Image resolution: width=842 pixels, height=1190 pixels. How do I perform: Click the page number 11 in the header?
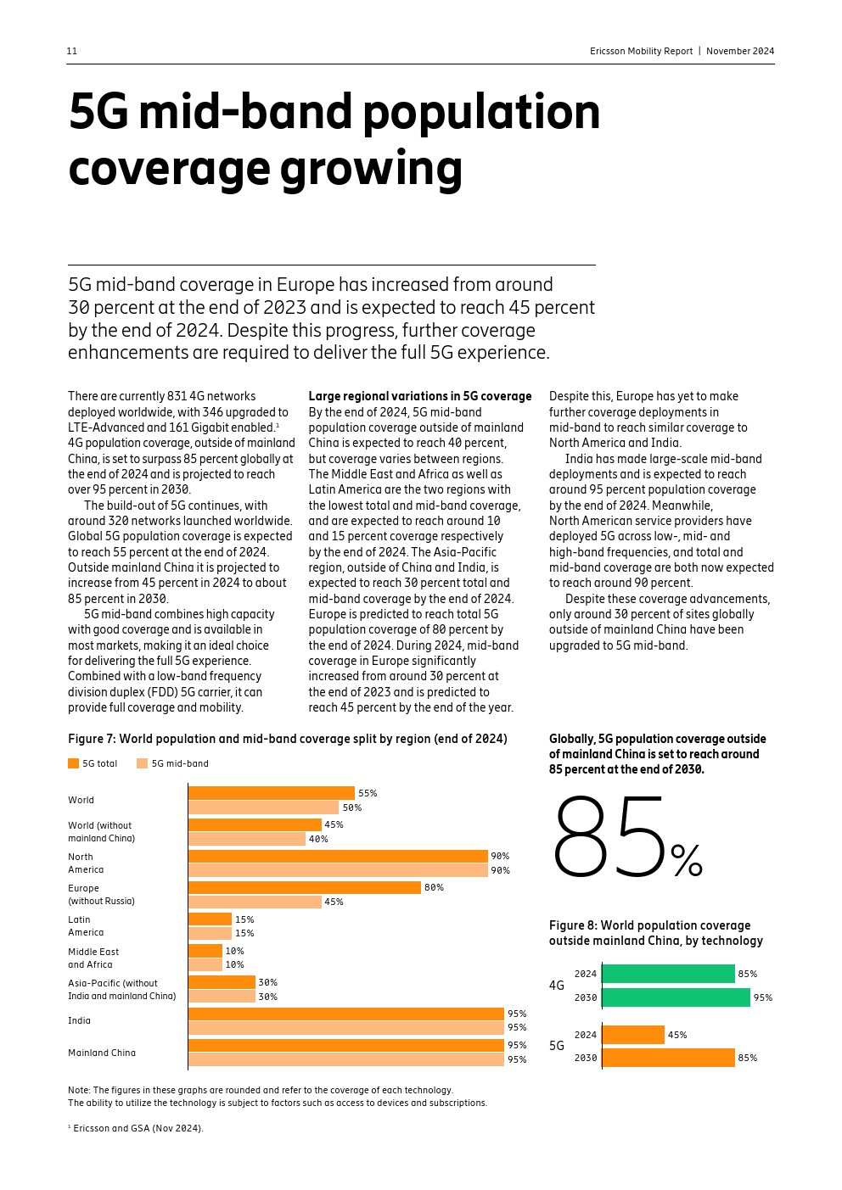(x=72, y=51)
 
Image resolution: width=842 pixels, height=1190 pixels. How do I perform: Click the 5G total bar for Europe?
(x=304, y=887)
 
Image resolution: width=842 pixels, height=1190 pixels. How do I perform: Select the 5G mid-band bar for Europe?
(x=255, y=902)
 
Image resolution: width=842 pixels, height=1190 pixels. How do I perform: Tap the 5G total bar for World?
(x=271, y=793)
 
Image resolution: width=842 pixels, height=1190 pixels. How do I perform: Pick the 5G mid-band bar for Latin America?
(x=210, y=933)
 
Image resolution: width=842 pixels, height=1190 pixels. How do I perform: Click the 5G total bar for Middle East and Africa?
(x=205, y=951)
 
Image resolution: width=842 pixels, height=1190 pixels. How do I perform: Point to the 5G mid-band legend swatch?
(x=142, y=763)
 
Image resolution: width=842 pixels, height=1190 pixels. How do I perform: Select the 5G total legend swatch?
(x=73, y=763)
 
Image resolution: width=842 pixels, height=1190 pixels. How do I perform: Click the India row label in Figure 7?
(x=79, y=1020)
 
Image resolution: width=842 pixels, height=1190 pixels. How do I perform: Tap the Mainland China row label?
(x=102, y=1053)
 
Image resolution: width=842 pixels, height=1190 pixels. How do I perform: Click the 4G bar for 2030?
(x=676, y=997)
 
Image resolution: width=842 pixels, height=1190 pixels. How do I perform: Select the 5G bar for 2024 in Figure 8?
(x=633, y=1035)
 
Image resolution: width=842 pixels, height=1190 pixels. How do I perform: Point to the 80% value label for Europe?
(x=434, y=887)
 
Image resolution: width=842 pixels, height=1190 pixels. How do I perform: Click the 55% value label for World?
(x=368, y=793)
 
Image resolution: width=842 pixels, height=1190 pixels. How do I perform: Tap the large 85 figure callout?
(x=609, y=837)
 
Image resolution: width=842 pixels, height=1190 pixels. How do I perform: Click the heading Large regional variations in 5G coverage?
(x=419, y=396)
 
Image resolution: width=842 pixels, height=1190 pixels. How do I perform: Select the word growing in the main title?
(x=371, y=168)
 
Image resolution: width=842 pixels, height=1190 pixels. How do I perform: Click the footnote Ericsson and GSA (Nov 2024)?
(x=138, y=1128)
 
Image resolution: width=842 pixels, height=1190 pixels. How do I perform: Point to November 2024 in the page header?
(x=740, y=51)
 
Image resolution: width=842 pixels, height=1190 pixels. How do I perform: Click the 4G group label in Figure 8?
(x=557, y=986)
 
